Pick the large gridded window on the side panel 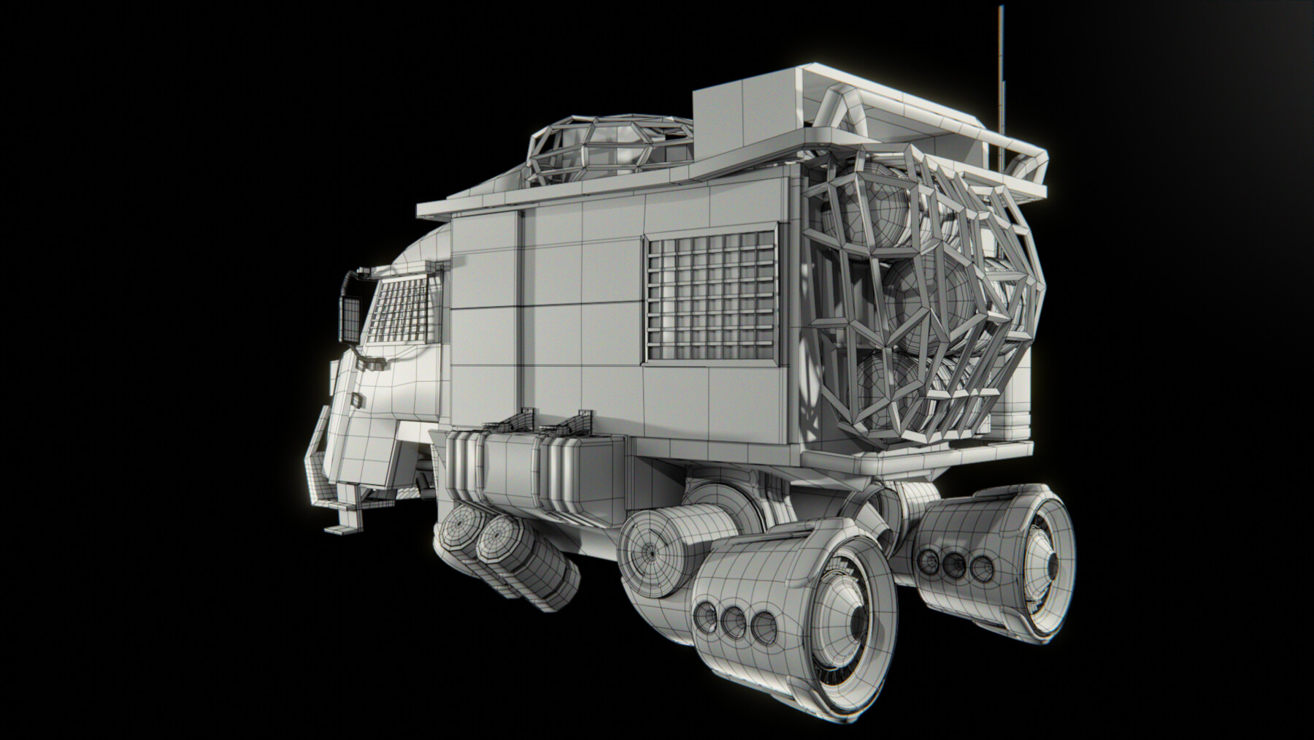point(710,297)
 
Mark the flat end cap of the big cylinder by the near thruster point(650,552)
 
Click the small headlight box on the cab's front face point(356,399)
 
